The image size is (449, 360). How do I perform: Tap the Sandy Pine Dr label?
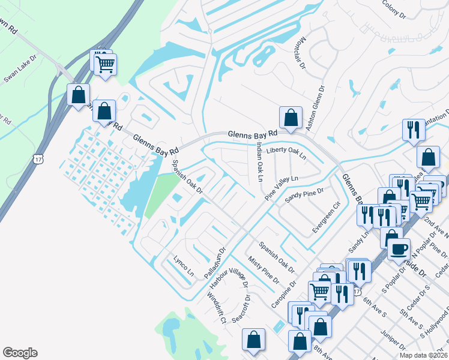click(304, 193)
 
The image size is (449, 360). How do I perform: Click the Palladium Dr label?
click(214, 262)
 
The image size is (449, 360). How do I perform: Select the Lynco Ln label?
click(184, 266)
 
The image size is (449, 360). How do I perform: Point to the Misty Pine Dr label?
click(264, 268)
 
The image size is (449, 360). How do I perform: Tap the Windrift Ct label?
click(217, 308)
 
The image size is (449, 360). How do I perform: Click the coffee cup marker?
click(399, 248)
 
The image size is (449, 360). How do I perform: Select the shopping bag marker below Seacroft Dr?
click(254, 339)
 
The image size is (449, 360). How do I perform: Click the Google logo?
click(20, 353)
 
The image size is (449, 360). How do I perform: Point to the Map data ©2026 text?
click(423, 355)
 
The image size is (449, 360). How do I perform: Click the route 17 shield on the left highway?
click(39, 158)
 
